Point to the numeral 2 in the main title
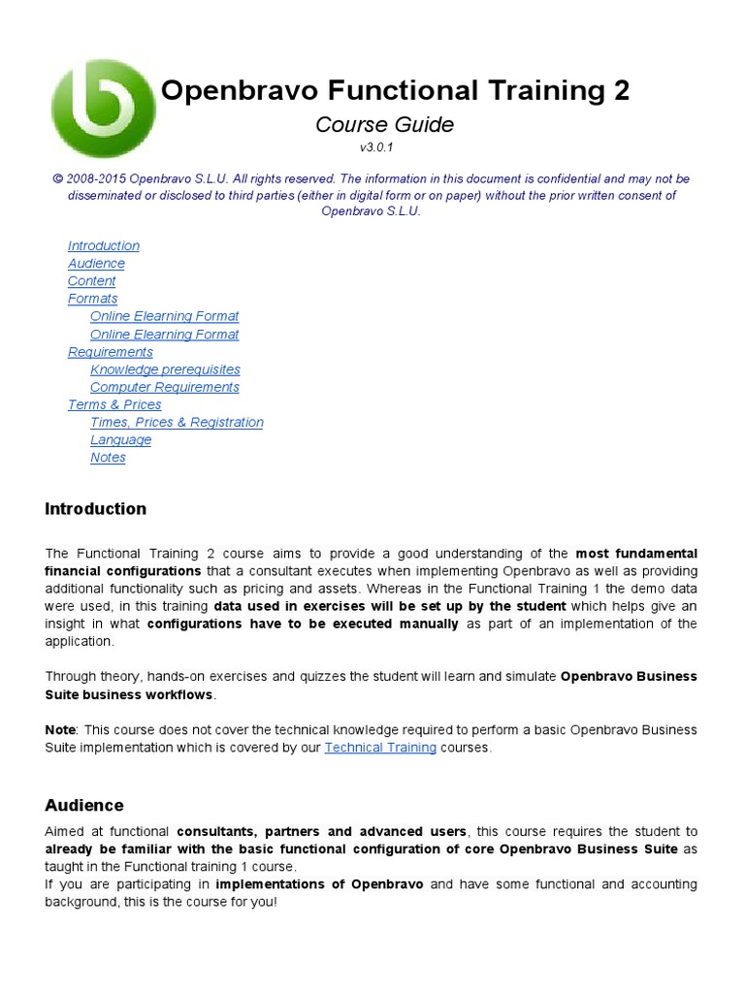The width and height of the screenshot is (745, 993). click(x=620, y=91)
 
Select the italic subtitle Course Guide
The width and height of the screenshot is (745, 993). click(x=384, y=124)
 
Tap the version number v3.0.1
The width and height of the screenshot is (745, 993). click(x=376, y=147)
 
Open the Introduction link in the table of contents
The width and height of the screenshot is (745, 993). click(x=104, y=246)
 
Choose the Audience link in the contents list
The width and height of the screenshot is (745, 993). click(x=96, y=264)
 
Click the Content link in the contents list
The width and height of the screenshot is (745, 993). click(x=92, y=281)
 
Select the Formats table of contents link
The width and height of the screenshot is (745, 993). click(x=93, y=299)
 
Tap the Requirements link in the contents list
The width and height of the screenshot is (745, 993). click(x=111, y=352)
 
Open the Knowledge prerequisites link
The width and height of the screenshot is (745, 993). click(x=165, y=369)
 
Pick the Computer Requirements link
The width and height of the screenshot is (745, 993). click(x=165, y=387)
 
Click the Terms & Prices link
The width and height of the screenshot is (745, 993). click(x=114, y=404)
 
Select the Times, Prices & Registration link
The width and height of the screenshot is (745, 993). click(x=177, y=422)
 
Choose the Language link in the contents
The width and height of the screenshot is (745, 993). click(x=121, y=440)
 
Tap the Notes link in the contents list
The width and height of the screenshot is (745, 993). click(x=108, y=458)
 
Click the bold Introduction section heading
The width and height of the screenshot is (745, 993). click(x=96, y=509)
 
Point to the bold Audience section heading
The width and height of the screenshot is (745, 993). click(x=84, y=805)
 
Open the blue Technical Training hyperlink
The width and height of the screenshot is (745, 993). click(x=380, y=748)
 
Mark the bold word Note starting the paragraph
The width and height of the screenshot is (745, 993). click(x=60, y=729)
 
